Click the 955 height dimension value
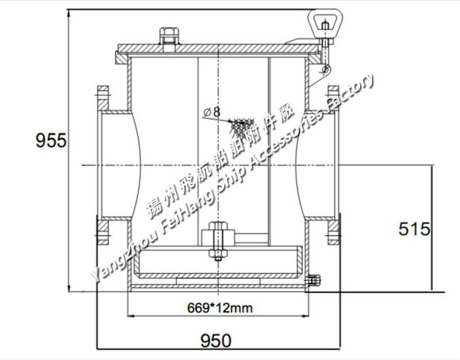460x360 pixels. (x=51, y=141)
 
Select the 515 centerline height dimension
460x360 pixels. (x=414, y=229)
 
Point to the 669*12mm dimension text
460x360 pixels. (x=219, y=308)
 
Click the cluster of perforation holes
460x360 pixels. (x=240, y=125)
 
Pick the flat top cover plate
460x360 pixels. (x=216, y=49)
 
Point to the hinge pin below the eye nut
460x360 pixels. (x=325, y=66)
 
